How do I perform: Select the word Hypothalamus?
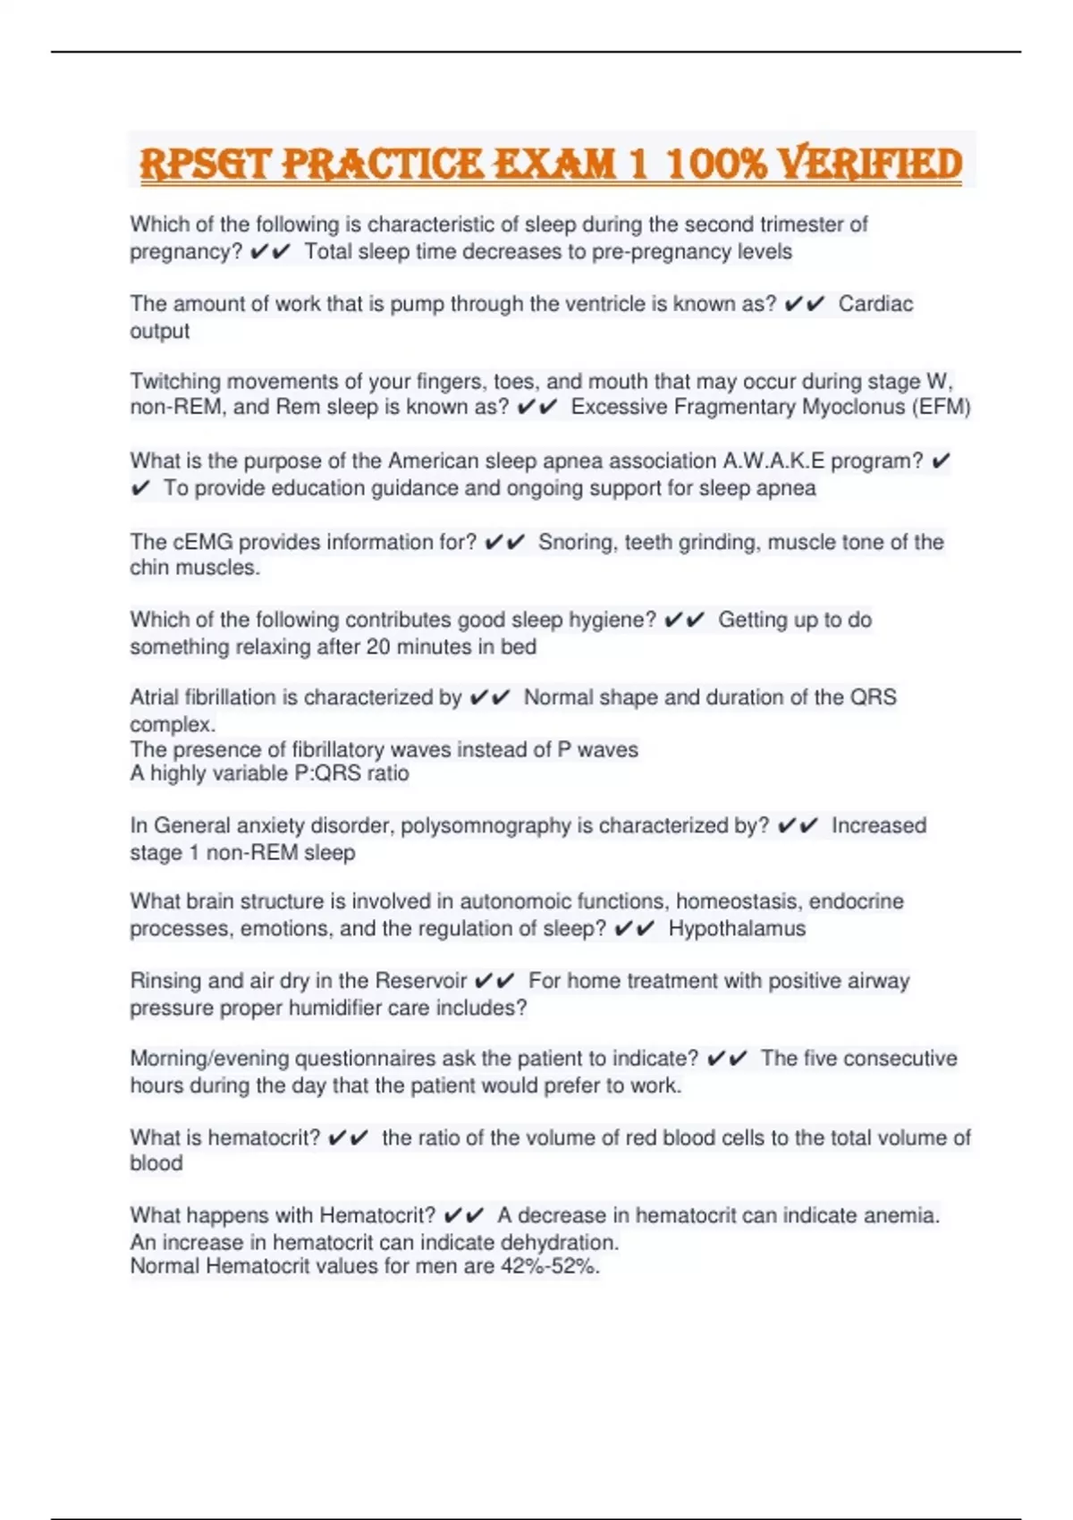[x=737, y=928]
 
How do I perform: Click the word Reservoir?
[x=421, y=981]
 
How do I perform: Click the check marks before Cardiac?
[x=804, y=304]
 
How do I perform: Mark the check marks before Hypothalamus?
[x=635, y=928]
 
